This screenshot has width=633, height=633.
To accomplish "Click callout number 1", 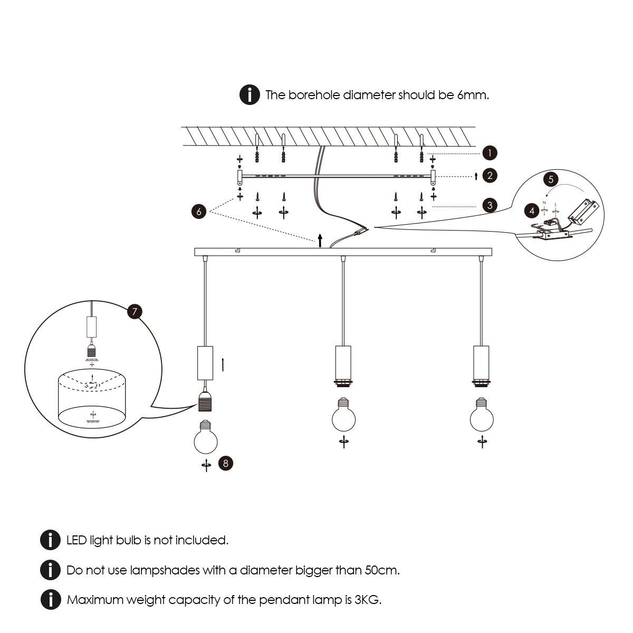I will coord(490,153).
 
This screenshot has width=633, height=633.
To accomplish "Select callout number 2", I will coord(490,175).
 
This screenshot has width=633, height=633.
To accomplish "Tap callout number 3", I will coord(490,206).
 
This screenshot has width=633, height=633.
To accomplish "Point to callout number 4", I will coord(532,210).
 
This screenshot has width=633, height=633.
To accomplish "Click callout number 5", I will coord(551,179).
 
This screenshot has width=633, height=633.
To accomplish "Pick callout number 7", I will coord(135,312).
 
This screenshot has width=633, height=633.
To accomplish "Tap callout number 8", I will coord(226,464).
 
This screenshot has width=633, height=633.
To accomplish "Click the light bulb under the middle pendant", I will coord(343,417).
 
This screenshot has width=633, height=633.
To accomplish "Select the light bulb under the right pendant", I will coord(482,417).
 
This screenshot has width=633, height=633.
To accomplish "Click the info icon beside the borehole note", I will coord(250,95).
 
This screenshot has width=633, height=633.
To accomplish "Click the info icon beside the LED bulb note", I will coord(50,540).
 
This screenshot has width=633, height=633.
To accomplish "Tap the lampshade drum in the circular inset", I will coord(93,401).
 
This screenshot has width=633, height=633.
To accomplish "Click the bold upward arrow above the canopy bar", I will coord(320,241).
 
